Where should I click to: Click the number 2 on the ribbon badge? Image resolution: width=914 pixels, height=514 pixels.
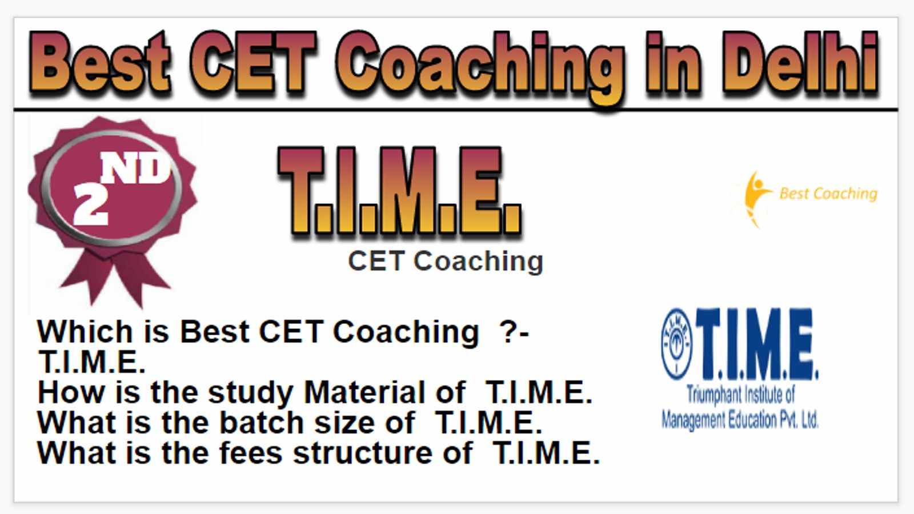click(x=91, y=204)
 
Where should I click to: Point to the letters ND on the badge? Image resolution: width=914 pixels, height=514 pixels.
click(x=135, y=170)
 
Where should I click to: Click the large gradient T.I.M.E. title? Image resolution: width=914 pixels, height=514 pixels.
click(x=400, y=192)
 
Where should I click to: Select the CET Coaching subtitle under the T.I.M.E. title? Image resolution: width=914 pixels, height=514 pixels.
click(x=446, y=261)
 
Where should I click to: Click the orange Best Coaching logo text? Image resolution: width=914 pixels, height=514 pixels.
click(x=828, y=194)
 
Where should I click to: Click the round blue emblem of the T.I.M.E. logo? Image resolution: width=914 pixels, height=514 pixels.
click(x=676, y=344)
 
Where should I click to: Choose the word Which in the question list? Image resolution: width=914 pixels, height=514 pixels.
click(x=85, y=331)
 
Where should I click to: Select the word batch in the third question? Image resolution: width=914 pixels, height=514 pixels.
click(x=262, y=423)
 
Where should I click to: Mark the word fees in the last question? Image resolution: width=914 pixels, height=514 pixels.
click(x=251, y=453)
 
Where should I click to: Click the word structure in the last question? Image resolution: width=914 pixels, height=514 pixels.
click(x=363, y=453)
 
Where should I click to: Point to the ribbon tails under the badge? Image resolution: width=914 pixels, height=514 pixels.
click(x=115, y=278)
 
